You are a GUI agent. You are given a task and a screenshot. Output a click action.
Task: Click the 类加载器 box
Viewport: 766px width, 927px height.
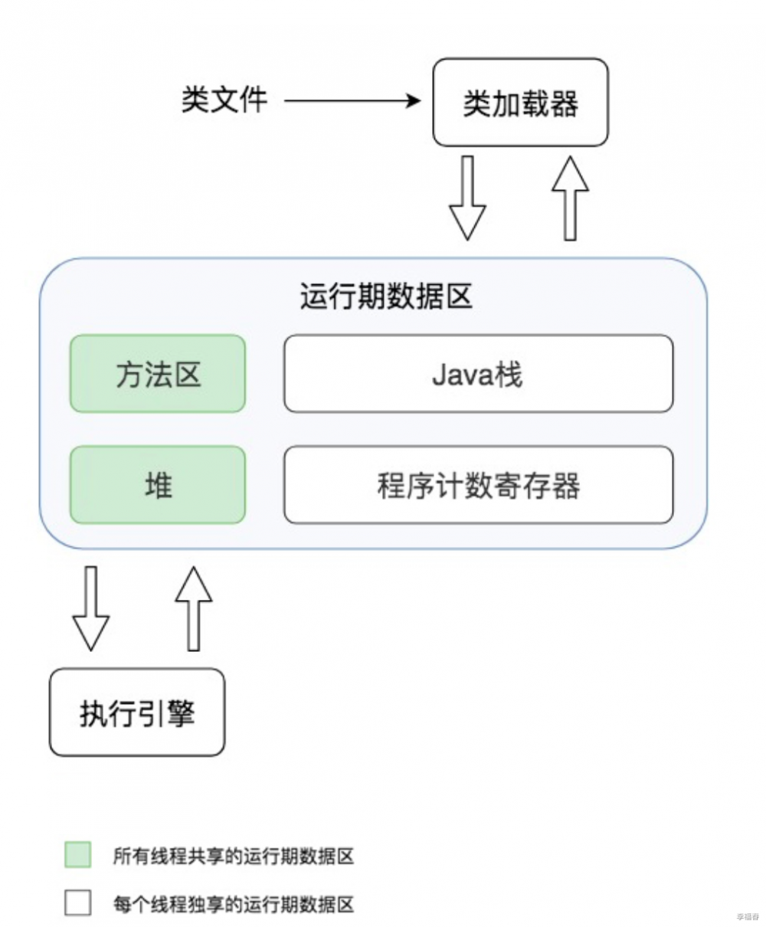click(x=520, y=102)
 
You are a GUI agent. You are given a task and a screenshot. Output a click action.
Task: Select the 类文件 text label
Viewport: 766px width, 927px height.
click(x=224, y=100)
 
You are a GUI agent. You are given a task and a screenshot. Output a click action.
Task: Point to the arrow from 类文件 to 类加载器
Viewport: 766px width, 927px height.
click(x=352, y=100)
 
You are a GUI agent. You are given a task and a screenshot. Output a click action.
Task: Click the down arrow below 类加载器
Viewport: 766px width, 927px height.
click(x=467, y=198)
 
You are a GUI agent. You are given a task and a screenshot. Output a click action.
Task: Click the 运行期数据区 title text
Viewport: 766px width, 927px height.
click(x=386, y=296)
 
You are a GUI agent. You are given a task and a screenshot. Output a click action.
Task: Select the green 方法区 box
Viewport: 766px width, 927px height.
click(x=158, y=374)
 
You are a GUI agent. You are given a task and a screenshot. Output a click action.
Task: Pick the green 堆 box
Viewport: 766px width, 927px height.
click(x=158, y=485)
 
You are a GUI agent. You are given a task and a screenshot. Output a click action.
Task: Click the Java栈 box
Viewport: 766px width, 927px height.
click(x=478, y=374)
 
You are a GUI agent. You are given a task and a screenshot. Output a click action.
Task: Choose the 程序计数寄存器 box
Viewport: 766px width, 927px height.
click(x=478, y=485)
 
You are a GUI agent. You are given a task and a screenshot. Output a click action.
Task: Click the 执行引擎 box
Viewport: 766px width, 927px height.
click(x=137, y=712)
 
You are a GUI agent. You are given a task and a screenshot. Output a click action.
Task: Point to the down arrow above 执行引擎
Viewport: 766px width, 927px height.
click(x=90, y=608)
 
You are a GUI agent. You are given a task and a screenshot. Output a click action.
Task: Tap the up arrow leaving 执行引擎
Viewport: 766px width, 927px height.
click(x=193, y=608)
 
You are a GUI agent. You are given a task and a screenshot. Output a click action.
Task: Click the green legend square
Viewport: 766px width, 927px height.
click(x=77, y=855)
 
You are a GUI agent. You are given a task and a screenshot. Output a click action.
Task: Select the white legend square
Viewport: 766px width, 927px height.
click(x=77, y=902)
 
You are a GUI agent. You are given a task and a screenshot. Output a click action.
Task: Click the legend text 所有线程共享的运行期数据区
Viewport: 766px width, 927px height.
click(x=234, y=856)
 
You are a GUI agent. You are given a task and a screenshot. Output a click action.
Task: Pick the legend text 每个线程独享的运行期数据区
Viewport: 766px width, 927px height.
click(x=234, y=904)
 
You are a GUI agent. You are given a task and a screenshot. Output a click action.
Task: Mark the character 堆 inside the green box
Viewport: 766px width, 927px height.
click(x=159, y=485)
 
